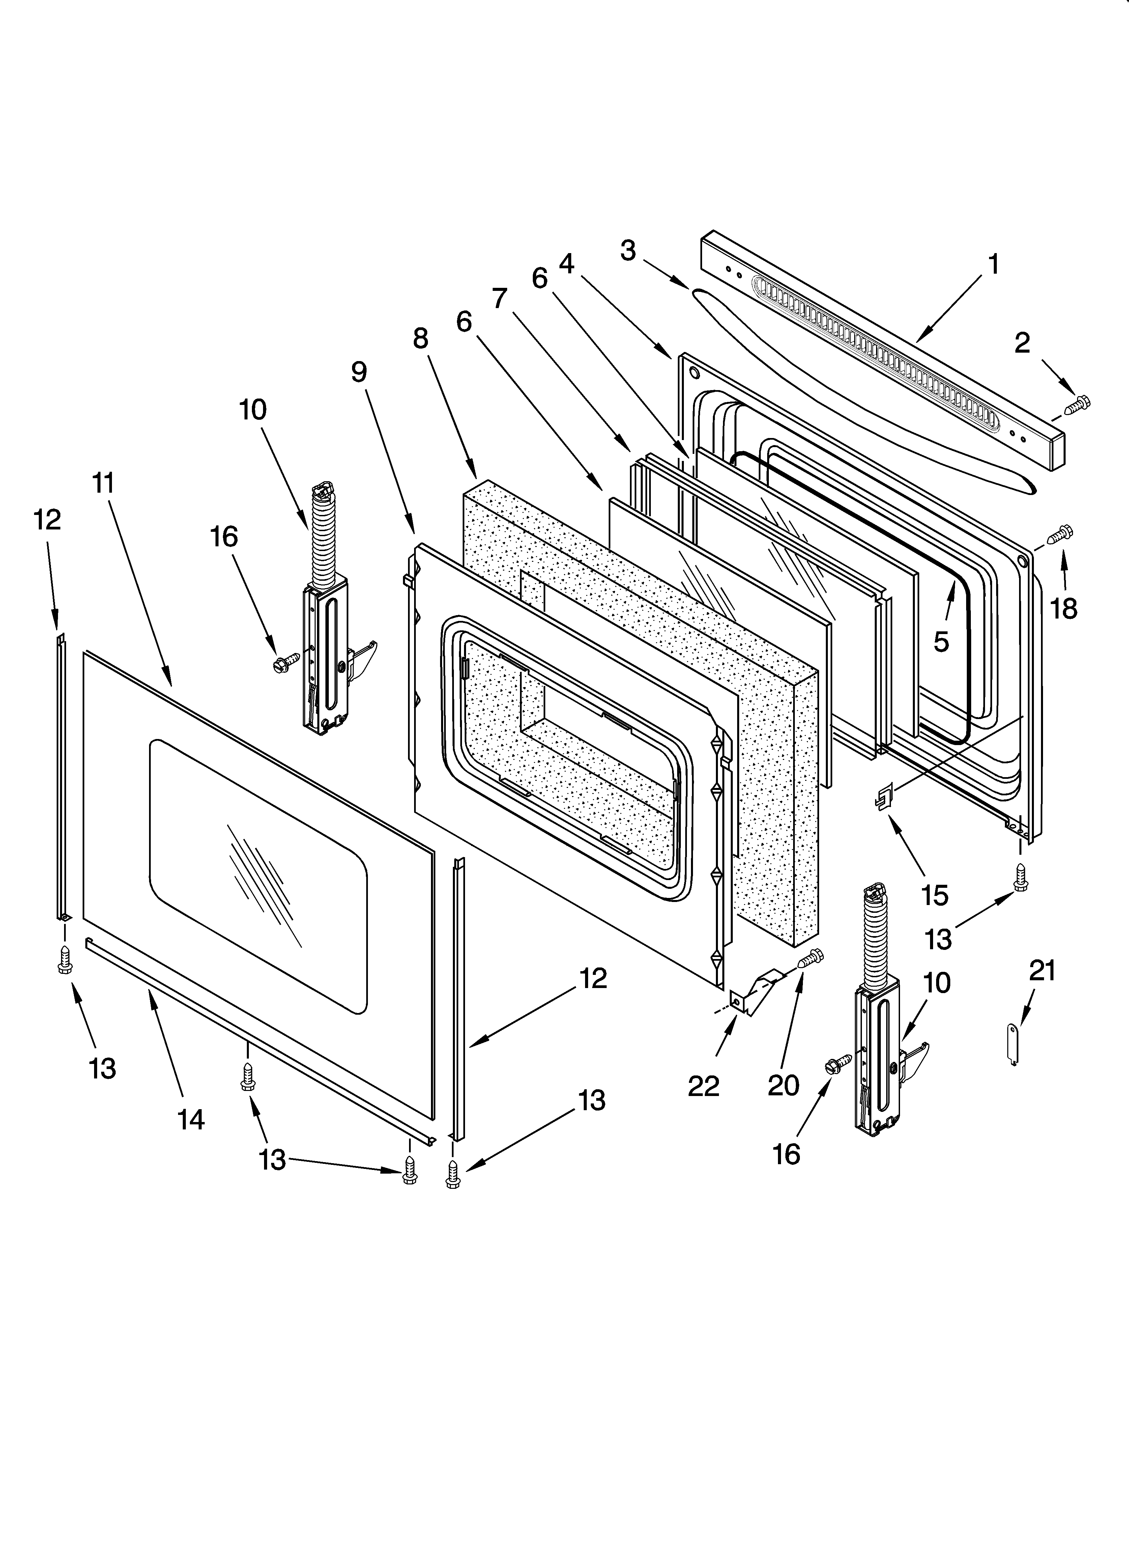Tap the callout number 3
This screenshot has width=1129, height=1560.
pyautogui.click(x=628, y=251)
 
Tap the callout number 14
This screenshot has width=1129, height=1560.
pyautogui.click(x=191, y=1120)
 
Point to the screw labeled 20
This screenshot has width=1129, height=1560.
pyautogui.click(x=811, y=958)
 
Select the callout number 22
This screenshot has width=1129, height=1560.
pyautogui.click(x=703, y=1086)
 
